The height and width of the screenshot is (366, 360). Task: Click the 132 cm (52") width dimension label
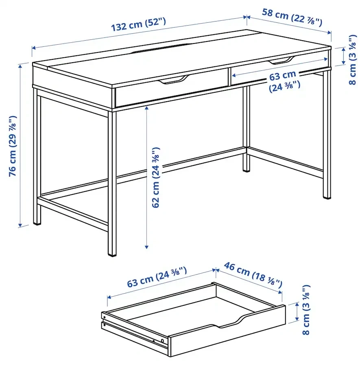coord(138,24)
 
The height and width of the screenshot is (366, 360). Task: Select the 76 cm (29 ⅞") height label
coord(13,146)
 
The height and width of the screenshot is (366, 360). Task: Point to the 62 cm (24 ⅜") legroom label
coord(156,177)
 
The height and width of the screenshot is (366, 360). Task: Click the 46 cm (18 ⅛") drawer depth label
coord(253,274)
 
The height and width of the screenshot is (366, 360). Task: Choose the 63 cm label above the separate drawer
coord(157,277)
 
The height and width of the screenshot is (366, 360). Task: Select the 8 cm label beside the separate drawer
coord(306,310)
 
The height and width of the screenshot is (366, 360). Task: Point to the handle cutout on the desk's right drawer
coord(281,61)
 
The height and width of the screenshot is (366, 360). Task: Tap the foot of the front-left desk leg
coord(37,223)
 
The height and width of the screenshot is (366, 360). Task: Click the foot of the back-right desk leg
coord(246,170)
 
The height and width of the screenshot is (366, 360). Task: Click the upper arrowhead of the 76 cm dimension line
coord(20,66)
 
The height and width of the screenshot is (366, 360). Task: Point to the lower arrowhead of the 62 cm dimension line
coord(146,247)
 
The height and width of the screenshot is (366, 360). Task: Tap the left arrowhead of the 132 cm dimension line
coord(34,48)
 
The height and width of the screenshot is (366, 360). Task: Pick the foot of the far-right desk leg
coord(327,197)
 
